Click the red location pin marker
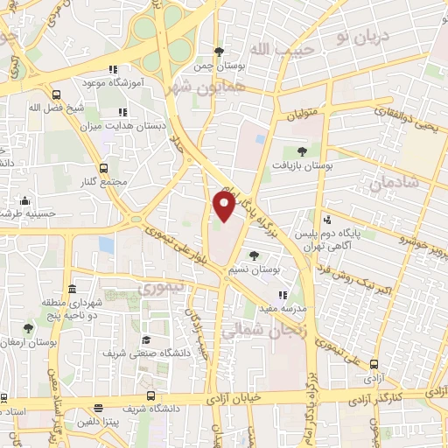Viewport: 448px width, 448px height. tap(225, 207)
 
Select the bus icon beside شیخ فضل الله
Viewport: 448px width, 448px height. tap(56, 94)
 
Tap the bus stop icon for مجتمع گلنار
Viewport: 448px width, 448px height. tap(104, 167)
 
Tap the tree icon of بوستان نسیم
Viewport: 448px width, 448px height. tap(254, 256)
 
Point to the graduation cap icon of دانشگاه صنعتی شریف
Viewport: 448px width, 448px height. tap(146, 339)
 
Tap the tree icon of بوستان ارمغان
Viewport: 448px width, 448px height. tap(28, 329)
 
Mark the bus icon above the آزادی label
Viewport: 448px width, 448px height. tap(375, 363)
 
